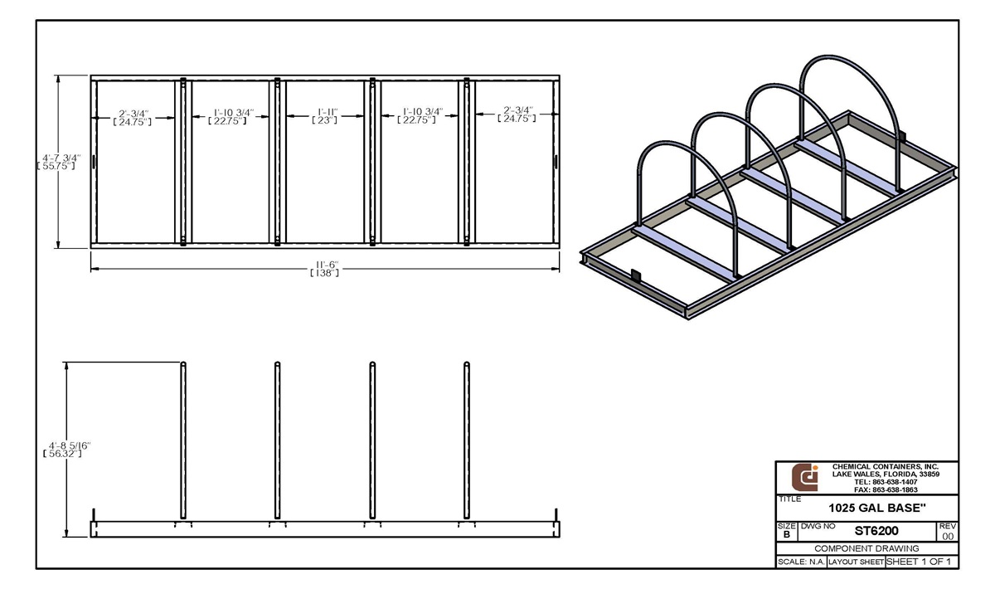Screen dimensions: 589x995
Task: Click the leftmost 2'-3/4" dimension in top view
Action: point(133,116)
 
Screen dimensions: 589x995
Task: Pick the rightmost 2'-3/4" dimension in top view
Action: point(516,114)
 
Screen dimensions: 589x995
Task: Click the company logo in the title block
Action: point(804,477)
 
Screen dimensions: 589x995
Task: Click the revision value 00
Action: point(948,536)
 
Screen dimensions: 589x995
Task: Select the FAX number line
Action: point(885,489)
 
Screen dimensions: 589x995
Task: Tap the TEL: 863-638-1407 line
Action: point(885,482)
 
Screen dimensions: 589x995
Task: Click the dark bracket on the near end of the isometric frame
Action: point(636,277)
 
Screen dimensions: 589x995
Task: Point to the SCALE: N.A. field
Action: point(800,562)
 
